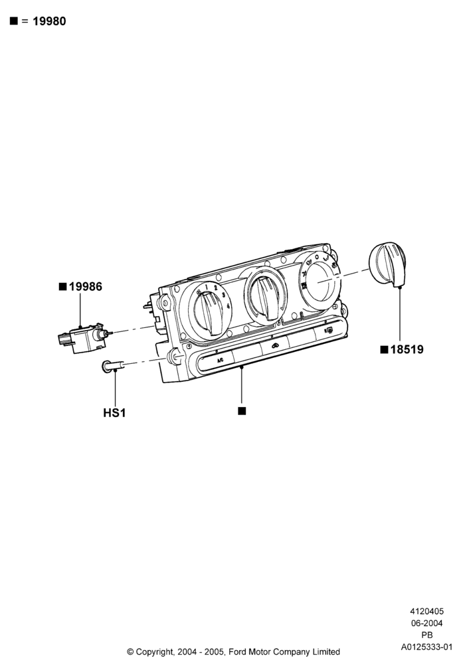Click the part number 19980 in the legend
pos(49,21)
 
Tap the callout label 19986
pos(86,287)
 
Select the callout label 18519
pos(407,349)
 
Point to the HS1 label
pos(114,412)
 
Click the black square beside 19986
pos(62,287)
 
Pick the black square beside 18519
pos(384,349)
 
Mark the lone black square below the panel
pos(242,411)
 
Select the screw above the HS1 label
pos(113,366)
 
